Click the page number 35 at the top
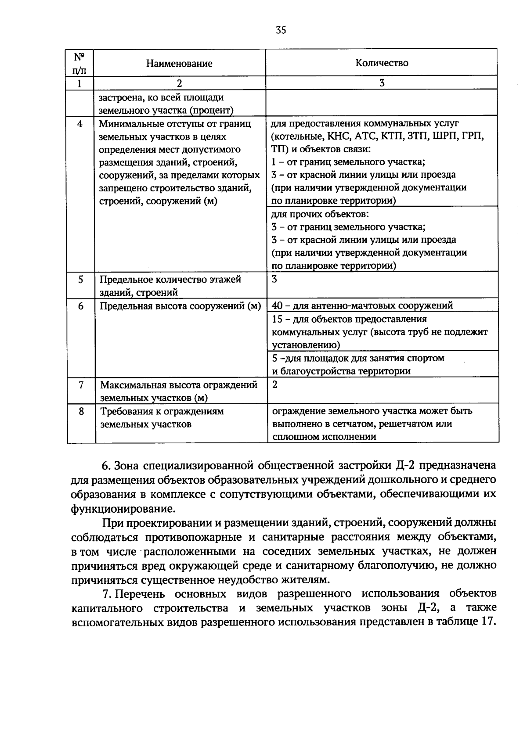pos(281,30)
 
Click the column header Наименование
pos(179,63)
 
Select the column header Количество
pos(382,63)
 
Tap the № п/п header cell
pos(79,63)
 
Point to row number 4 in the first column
pos(79,124)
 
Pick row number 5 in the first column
pos(81,279)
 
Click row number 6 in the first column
pos(81,305)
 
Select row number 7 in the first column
pos(81,385)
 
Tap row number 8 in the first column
pos(81,411)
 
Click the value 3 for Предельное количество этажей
pos(274,279)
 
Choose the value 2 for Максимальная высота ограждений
pos(275,384)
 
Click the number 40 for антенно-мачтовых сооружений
pos(277,305)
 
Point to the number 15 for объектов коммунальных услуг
pos(277,319)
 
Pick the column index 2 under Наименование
pos(179,83)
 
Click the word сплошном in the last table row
pos(293,437)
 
